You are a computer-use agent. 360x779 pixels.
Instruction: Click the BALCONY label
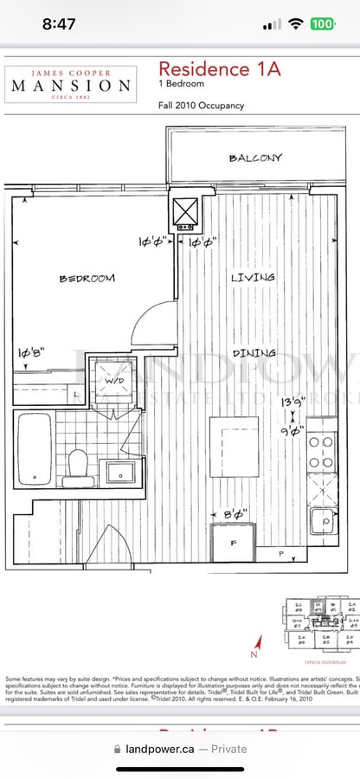point(255,158)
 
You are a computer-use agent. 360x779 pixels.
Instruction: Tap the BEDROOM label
point(87,278)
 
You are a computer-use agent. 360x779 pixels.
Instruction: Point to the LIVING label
point(253,277)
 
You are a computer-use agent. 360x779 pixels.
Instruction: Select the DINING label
point(254,352)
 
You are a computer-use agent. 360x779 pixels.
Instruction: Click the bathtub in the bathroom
point(34,450)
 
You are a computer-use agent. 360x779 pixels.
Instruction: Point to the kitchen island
point(234,447)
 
